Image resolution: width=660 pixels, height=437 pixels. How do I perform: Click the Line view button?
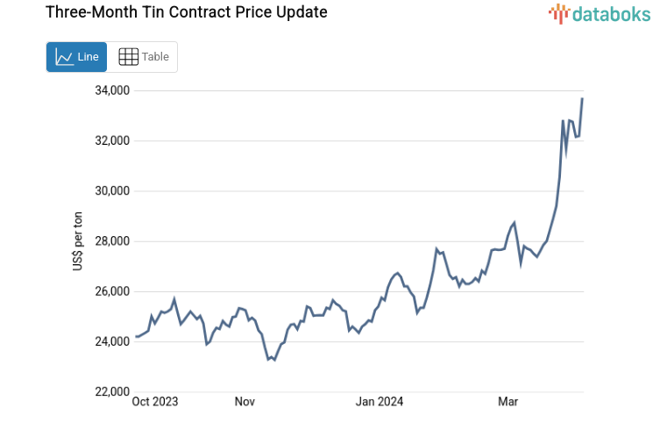point(77,57)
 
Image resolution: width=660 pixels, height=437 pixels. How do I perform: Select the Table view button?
point(143,57)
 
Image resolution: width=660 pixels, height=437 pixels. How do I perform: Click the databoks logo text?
point(611,13)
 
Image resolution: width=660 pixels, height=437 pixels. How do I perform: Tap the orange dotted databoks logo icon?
point(559,13)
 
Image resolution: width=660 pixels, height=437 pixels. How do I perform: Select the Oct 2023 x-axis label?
point(155,402)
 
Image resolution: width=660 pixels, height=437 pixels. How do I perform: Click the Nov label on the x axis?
point(245,402)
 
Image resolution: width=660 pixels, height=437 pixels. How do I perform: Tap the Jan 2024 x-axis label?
point(380,402)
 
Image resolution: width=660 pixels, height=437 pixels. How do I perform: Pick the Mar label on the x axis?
point(507,402)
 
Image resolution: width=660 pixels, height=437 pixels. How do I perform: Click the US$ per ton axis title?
point(78,241)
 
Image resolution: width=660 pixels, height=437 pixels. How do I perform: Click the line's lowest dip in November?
point(268,359)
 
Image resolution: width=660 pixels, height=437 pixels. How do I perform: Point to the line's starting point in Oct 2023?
point(136,337)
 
